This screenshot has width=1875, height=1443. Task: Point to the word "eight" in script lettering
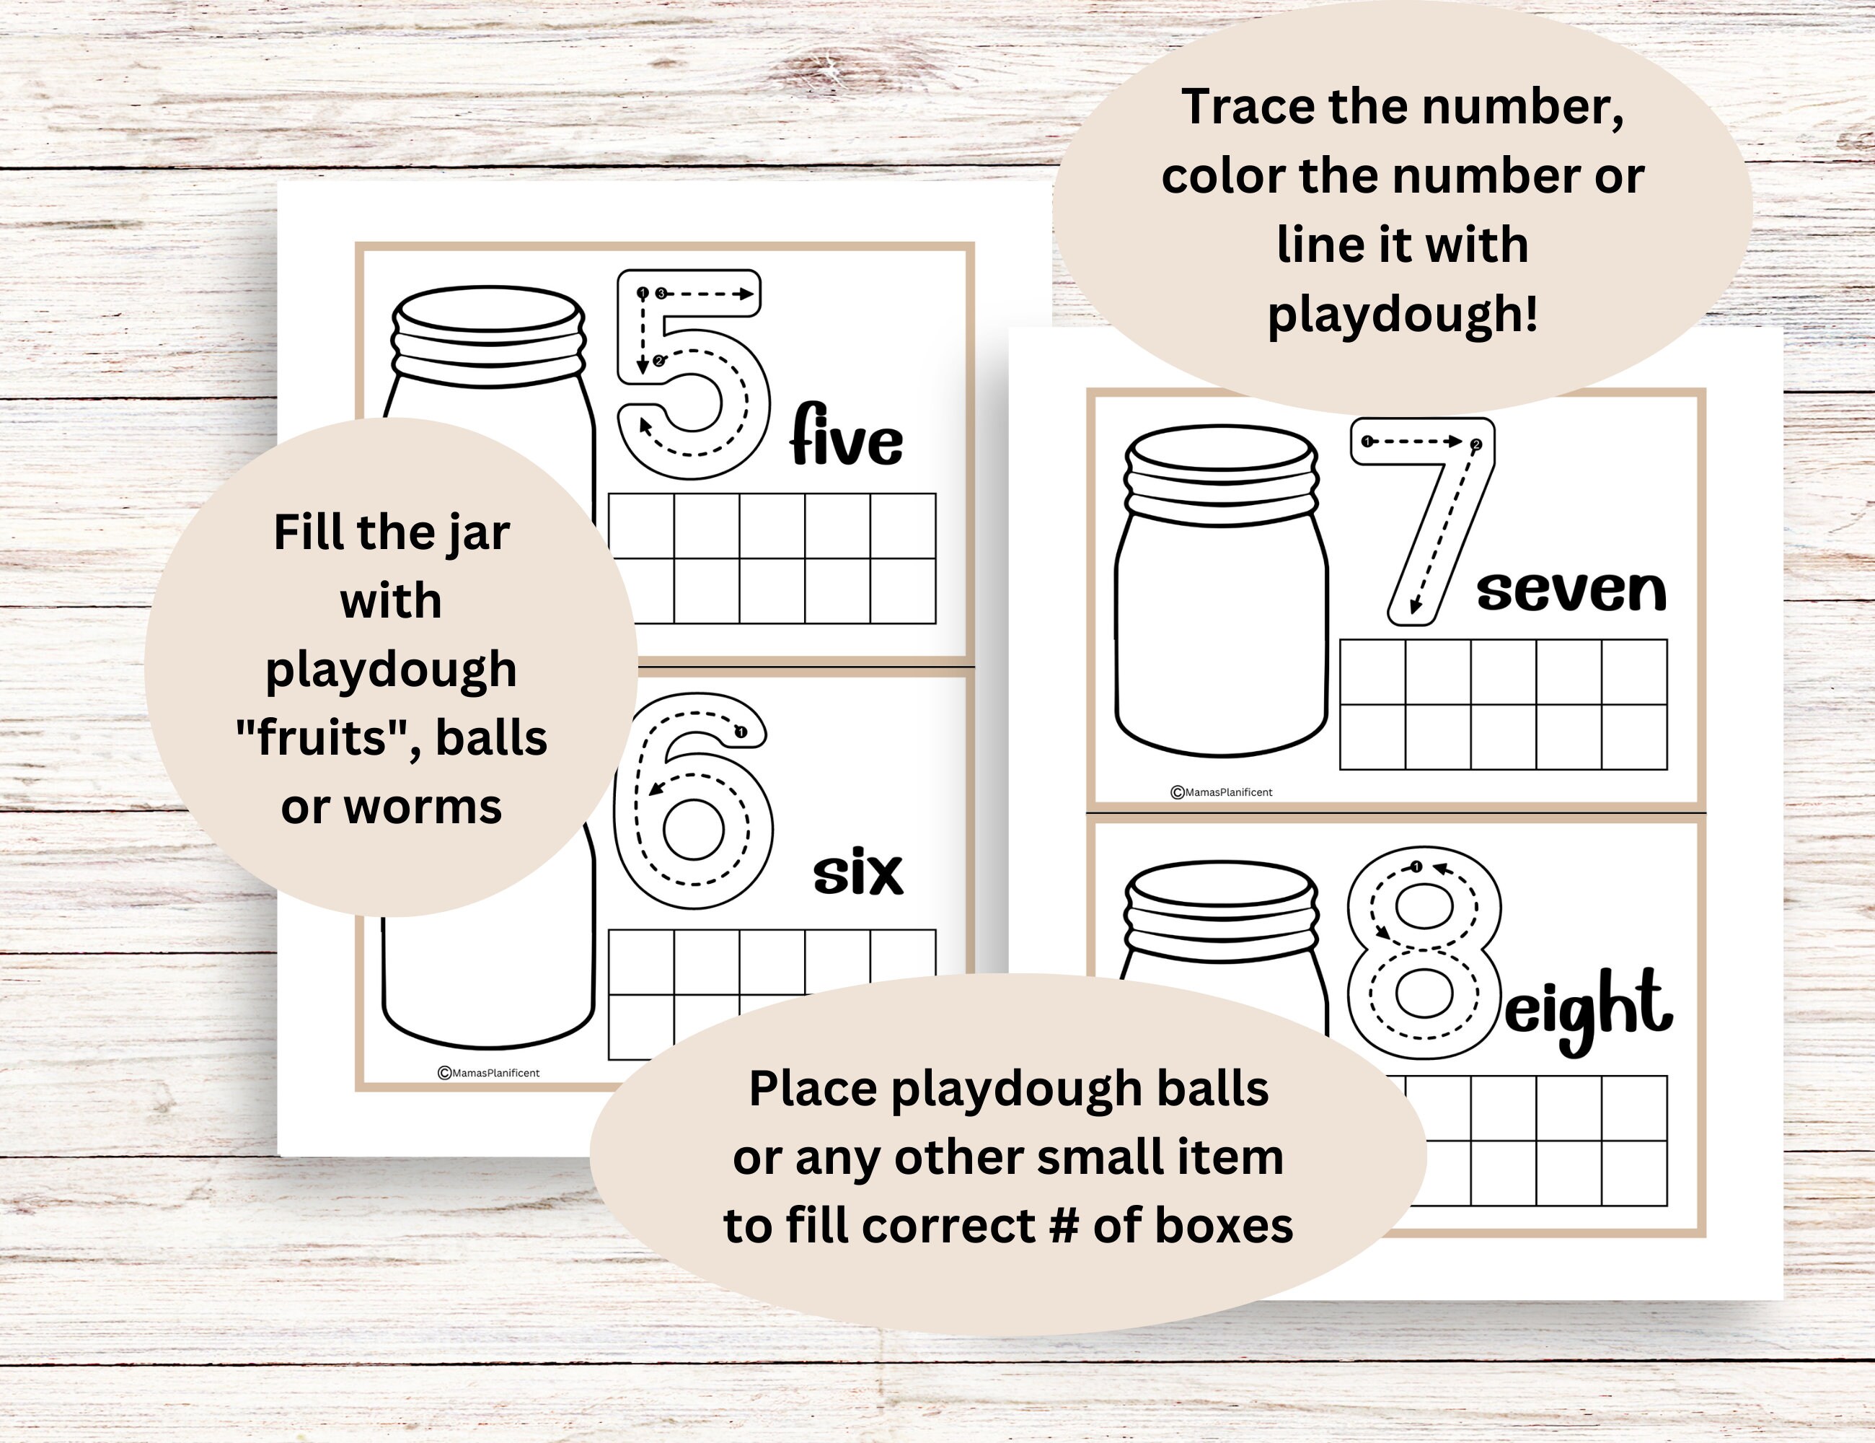(1587, 1010)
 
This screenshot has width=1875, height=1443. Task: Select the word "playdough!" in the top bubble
(1403, 315)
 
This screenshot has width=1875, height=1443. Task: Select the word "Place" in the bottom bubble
(812, 1089)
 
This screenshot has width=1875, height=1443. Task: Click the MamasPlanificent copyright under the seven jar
(1222, 792)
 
